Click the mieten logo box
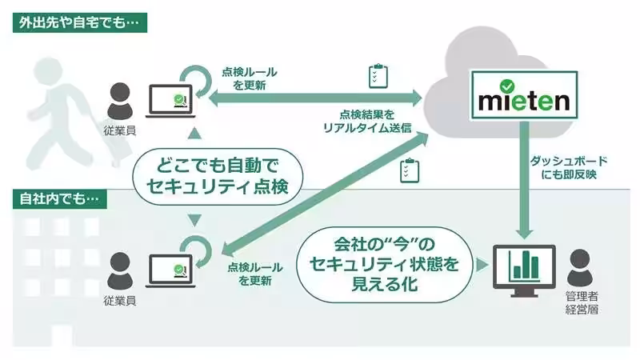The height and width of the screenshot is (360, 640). pyautogui.click(x=524, y=96)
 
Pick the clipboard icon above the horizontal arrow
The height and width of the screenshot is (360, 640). pyautogui.click(x=376, y=76)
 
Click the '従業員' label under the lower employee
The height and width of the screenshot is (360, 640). pyautogui.click(x=121, y=300)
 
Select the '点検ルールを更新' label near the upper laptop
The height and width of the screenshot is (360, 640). pyautogui.click(x=248, y=77)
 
